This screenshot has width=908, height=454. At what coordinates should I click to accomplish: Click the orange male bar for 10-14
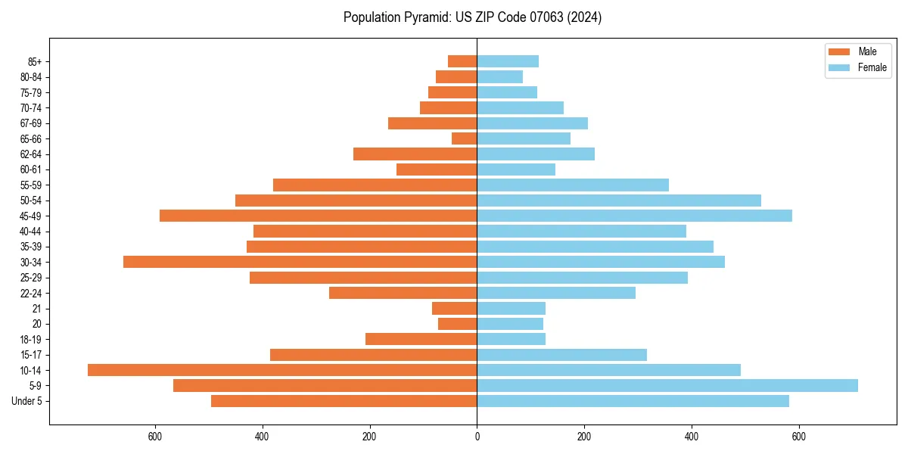coord(282,370)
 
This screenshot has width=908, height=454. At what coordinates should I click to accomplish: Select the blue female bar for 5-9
coord(667,385)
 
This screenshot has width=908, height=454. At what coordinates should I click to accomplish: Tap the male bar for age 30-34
coord(300,262)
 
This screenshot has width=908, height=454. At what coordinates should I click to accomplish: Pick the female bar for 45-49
coord(634,216)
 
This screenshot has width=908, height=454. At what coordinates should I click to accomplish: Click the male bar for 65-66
coord(464,138)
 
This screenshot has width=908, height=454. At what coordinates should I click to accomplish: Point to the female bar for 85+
coord(508,61)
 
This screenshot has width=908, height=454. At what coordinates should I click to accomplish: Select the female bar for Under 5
coord(633,401)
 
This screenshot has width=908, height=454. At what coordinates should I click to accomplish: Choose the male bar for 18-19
coord(421,339)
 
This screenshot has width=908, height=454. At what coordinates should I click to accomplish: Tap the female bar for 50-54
coord(619,201)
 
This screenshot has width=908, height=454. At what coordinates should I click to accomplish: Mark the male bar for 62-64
coord(415,154)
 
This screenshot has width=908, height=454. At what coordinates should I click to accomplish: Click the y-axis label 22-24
coord(31,293)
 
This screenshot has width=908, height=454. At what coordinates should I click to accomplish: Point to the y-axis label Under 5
coord(27,401)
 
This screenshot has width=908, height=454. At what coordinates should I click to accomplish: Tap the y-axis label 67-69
coord(31,123)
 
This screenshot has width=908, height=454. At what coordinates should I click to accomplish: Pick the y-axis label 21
coord(36,308)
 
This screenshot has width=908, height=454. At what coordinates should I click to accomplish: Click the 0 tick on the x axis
coord(477,436)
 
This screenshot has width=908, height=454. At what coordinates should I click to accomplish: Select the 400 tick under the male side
coord(263,436)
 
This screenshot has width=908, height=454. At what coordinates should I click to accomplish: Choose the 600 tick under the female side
coord(798,436)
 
